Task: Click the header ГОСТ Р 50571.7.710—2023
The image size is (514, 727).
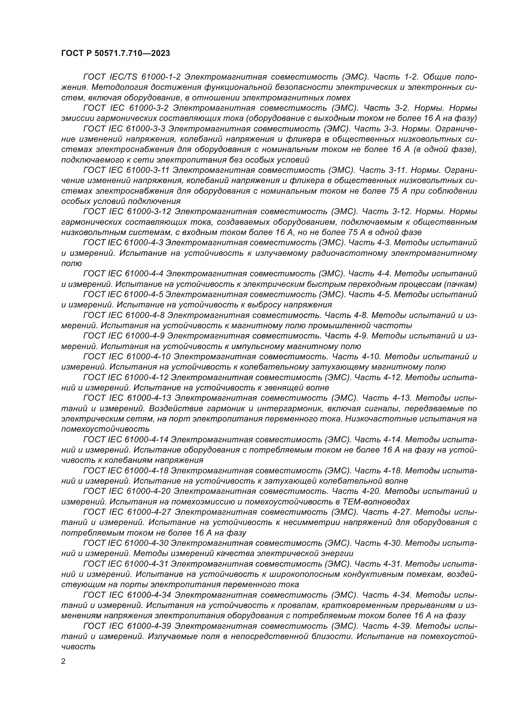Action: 115,53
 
